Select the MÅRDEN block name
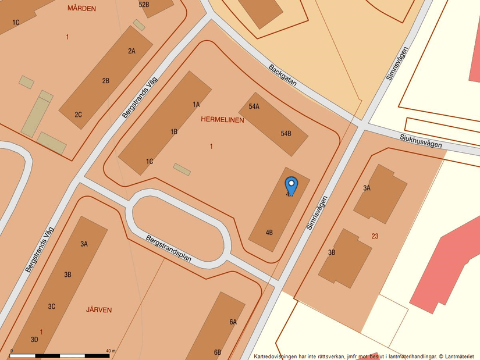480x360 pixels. click(x=81, y=9)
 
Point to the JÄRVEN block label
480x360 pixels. click(x=98, y=310)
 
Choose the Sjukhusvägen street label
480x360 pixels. click(x=421, y=141)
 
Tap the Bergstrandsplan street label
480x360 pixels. click(x=169, y=248)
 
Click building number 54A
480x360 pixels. click(x=254, y=106)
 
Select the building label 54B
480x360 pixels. click(x=286, y=133)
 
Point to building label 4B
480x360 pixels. click(x=269, y=232)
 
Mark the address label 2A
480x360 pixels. click(x=131, y=51)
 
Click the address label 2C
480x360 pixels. click(x=78, y=115)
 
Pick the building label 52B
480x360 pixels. click(x=144, y=5)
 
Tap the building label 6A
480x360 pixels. click(x=233, y=322)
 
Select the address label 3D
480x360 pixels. click(x=34, y=339)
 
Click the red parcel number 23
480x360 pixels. click(x=375, y=236)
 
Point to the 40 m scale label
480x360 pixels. click(x=111, y=351)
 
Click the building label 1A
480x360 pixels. click(x=196, y=105)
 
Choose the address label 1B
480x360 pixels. click(x=173, y=132)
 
